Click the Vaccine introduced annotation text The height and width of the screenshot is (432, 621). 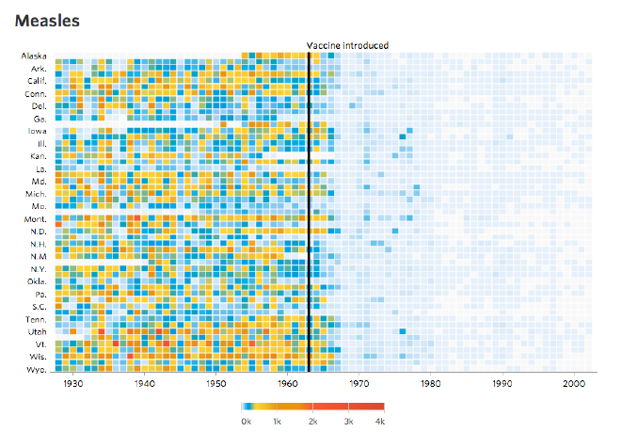[347, 45]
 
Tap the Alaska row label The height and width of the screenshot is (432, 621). [35, 56]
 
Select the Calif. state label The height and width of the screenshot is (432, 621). [37, 81]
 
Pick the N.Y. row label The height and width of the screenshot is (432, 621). [38, 268]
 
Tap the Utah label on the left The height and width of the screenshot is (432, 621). [37, 332]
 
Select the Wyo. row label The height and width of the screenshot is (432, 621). [37, 370]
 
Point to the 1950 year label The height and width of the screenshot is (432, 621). [215, 384]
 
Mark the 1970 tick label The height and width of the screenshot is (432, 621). [358, 384]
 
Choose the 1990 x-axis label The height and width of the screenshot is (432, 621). [502, 384]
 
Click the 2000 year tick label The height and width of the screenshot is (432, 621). [572, 384]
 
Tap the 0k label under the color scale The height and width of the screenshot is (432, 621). [246, 422]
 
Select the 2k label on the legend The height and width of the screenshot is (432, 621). [313, 422]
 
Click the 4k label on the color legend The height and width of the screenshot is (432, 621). [381, 422]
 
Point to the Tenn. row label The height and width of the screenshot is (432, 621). [36, 319]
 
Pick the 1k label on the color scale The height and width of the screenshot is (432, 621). [279, 422]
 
